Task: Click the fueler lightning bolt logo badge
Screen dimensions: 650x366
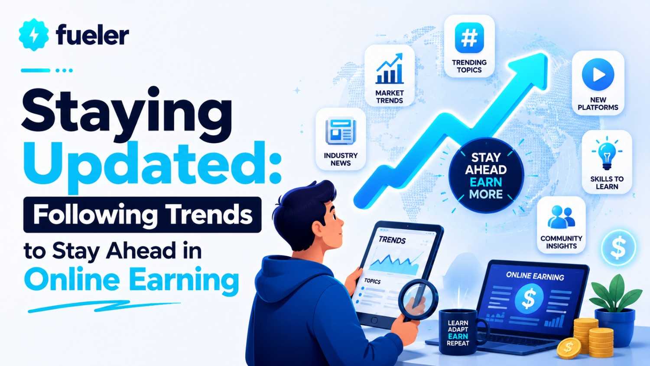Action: tap(34, 35)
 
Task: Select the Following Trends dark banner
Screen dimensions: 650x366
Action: tap(142, 215)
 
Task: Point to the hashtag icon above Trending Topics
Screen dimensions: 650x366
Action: tap(469, 38)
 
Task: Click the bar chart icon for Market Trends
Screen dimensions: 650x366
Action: tap(390, 69)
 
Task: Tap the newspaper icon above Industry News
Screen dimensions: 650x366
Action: tap(341, 131)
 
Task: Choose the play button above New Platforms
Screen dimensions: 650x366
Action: tap(598, 74)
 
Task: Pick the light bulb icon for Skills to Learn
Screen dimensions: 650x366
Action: tap(607, 154)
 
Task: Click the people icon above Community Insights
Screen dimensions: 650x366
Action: tap(561, 217)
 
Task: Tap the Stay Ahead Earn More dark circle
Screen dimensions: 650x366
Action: tap(486, 176)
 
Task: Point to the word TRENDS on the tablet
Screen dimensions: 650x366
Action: tap(392, 240)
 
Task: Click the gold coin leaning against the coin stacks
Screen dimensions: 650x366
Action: tap(569, 348)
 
